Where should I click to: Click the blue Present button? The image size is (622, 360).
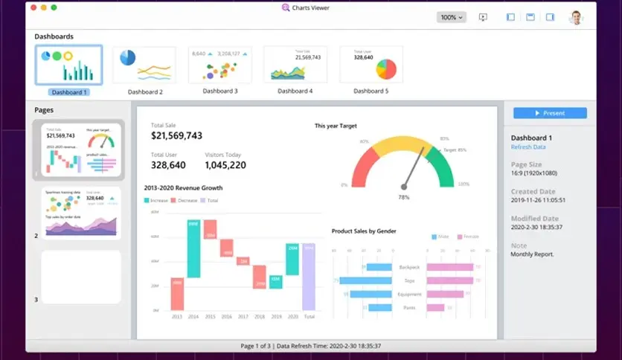coord(550,113)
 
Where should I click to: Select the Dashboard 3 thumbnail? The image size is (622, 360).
coord(220,65)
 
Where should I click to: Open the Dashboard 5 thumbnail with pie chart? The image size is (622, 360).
coord(371,65)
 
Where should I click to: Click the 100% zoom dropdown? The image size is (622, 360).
coord(451,17)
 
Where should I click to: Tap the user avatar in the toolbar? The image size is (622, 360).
coord(576,17)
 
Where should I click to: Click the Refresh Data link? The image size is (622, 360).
coord(528,147)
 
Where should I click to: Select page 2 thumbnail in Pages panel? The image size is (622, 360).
coord(81,213)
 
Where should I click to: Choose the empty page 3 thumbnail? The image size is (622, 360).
coord(81,277)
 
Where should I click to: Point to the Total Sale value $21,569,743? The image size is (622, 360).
coord(176,135)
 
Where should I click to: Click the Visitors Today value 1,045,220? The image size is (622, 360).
coord(225,165)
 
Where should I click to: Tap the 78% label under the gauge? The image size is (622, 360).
coord(404,197)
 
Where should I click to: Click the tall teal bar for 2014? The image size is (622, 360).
coord(193,249)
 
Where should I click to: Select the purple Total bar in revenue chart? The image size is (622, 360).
coord(309,277)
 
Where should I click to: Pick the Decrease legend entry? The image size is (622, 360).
coord(186,201)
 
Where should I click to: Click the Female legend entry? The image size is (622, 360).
coord(468,237)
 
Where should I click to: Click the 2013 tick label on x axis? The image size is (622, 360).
coord(177,317)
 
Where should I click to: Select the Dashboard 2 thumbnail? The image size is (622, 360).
coord(144,65)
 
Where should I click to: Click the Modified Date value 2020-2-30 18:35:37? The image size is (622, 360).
coord(536,227)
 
